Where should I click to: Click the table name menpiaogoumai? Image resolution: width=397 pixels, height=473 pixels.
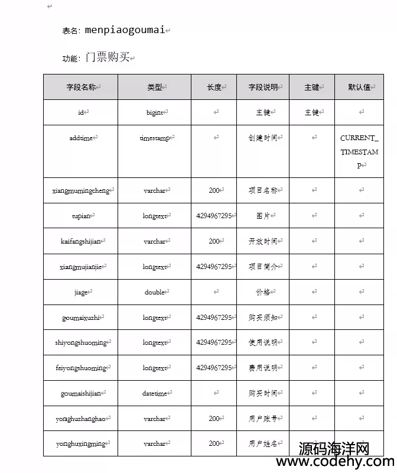124,30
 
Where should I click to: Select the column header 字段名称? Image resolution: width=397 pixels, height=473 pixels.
81,87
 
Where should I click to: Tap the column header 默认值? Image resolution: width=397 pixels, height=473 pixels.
359,87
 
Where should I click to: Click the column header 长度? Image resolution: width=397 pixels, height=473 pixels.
214,87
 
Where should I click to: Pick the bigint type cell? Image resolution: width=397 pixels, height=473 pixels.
155,112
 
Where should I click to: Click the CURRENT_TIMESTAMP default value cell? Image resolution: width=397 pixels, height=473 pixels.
359,151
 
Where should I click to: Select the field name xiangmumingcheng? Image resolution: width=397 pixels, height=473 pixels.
81,190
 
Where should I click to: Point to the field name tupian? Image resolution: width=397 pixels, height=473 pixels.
81,216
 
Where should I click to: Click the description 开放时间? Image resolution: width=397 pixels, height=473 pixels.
263,241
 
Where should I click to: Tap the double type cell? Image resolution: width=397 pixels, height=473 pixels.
155,292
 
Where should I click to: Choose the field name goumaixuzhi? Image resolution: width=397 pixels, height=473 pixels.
81,318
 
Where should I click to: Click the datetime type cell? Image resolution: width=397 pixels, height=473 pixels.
155,393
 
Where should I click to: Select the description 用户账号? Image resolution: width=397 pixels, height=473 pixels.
263,419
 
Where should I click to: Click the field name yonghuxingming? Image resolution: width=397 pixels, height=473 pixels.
81,443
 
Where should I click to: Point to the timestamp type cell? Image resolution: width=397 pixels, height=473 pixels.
155,138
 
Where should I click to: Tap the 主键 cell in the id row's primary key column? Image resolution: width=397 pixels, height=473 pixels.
311,112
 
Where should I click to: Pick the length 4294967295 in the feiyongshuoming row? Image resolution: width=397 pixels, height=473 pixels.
214,368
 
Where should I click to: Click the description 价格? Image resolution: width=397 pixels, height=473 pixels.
263,292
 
